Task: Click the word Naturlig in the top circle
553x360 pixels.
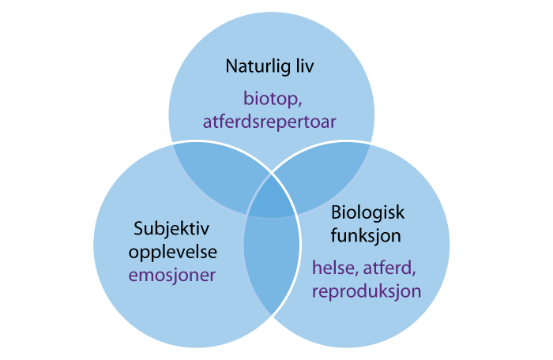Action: coord(254,66)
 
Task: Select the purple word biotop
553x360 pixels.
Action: coord(269,99)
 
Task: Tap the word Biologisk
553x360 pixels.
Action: coord(368,213)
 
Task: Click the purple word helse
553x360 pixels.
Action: coord(332,268)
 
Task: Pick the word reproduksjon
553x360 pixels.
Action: coord(366,291)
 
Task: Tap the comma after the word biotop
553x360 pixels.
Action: coord(295,103)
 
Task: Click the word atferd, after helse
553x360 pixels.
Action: coord(386,268)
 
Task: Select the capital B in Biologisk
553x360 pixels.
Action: coord(336,213)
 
